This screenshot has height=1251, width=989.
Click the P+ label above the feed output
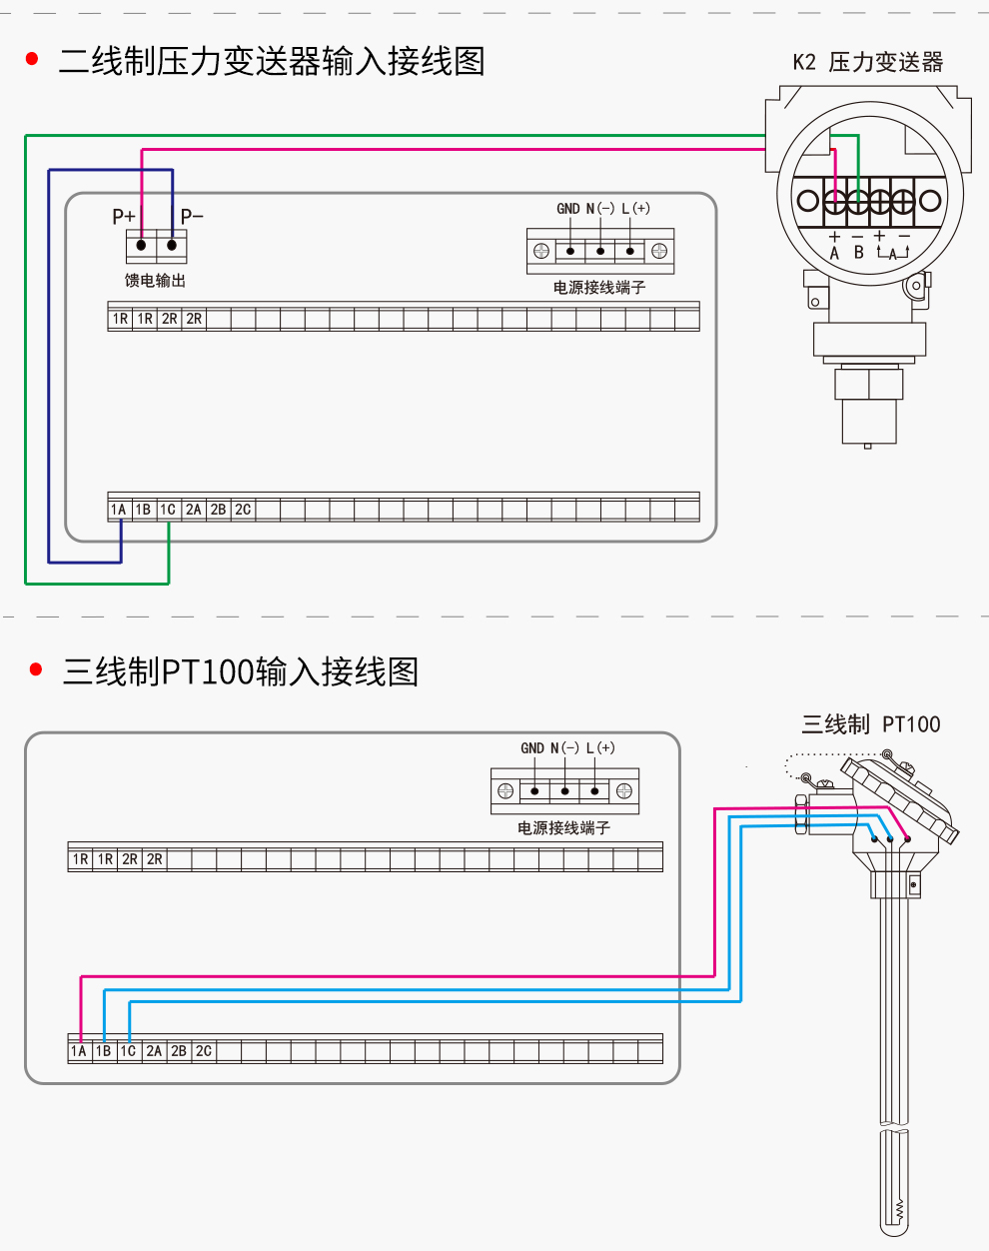pyautogui.click(x=124, y=217)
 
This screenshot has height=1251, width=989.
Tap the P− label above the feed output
pyautogui.click(x=192, y=217)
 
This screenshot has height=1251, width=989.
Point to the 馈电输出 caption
pyautogui.click(x=155, y=281)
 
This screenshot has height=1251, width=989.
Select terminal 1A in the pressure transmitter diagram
pyautogui.click(x=119, y=510)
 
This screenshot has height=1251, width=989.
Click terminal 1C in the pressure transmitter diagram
pyautogui.click(x=168, y=510)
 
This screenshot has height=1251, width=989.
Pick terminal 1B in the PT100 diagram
pyautogui.click(x=104, y=1051)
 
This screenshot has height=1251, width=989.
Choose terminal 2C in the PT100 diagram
pyautogui.click(x=204, y=1051)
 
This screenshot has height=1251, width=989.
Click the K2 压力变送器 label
pyautogui.click(x=867, y=62)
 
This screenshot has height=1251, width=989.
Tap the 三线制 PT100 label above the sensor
pyautogui.click(x=870, y=724)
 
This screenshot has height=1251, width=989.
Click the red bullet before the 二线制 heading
pyautogui.click(x=32, y=60)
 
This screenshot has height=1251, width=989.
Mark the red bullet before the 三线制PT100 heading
pyautogui.click(x=37, y=669)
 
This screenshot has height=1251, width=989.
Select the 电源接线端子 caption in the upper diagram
pyautogui.click(x=599, y=288)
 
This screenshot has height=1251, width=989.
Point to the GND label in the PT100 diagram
pyautogui.click(x=532, y=748)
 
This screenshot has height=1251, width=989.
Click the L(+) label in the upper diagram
pyautogui.click(x=635, y=209)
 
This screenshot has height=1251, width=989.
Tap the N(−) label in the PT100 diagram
pyautogui.click(x=565, y=748)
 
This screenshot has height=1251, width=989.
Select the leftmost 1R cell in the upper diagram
pyautogui.click(x=120, y=319)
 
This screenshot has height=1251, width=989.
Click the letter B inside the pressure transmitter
pyautogui.click(x=858, y=253)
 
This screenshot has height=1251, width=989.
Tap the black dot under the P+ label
pyautogui.click(x=142, y=245)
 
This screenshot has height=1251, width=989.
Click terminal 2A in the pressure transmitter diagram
pyautogui.click(x=194, y=510)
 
